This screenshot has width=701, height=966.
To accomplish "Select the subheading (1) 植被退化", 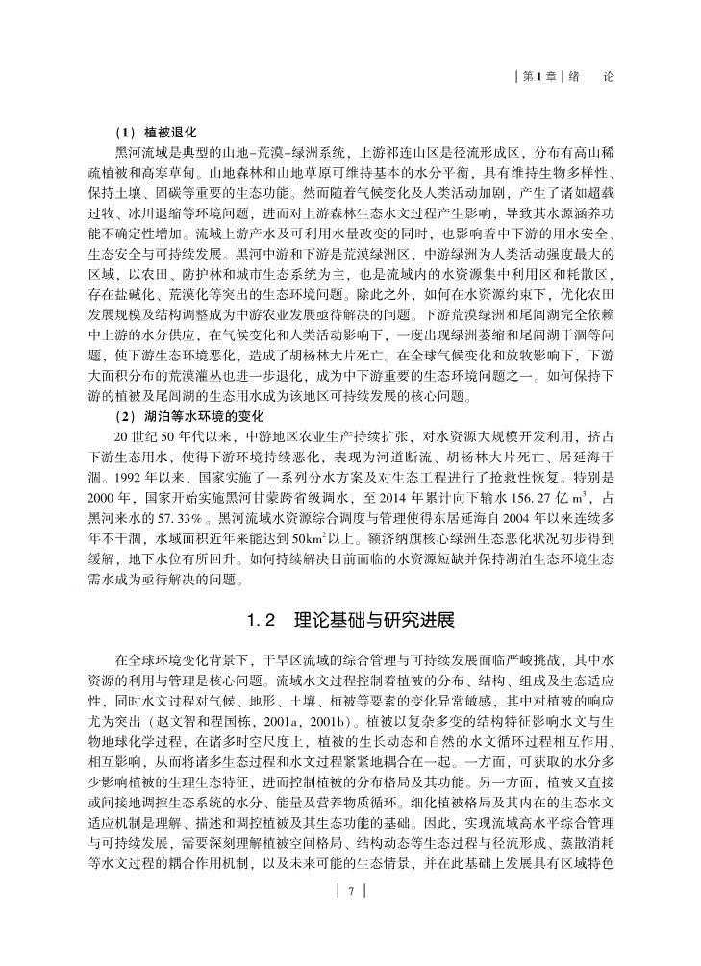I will point(155,132).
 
